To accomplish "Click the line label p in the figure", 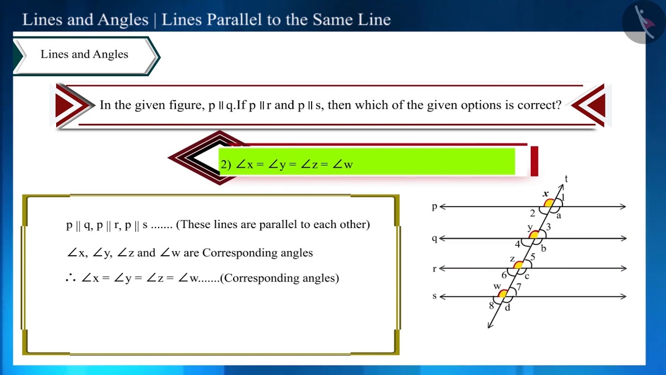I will [x=434, y=207].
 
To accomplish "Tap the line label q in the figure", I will [x=434, y=239].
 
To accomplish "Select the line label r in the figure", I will [x=434, y=269].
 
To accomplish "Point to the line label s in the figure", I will [x=434, y=296].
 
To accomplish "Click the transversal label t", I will [x=566, y=179].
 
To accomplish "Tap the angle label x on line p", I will [x=546, y=194].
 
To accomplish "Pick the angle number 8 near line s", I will [x=491, y=306].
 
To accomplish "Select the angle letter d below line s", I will [x=507, y=308].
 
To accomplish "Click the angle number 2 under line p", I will [x=532, y=213].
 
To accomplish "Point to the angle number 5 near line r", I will [x=533, y=257].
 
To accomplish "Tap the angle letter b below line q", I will [x=543, y=248].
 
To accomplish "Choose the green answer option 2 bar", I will [x=366, y=162].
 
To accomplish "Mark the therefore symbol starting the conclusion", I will [x=71, y=279].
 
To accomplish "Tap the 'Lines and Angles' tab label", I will [x=84, y=55].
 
